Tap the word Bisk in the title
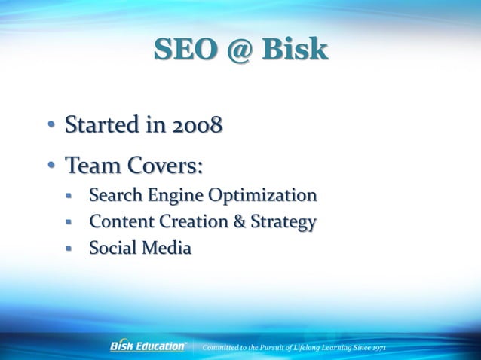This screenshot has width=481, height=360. click(x=296, y=50)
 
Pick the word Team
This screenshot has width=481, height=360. click(x=92, y=164)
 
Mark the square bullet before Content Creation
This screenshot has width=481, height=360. click(x=69, y=223)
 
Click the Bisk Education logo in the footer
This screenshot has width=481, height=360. click(x=149, y=346)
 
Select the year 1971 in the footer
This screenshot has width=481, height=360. click(x=377, y=347)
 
